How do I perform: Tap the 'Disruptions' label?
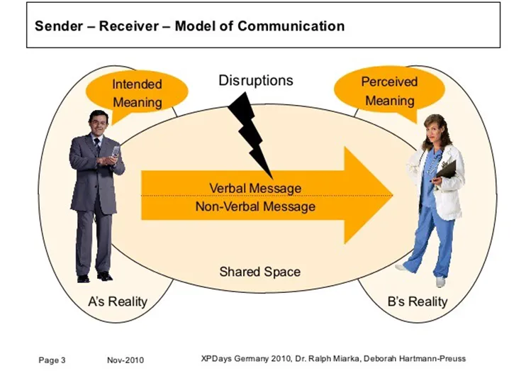click(x=255, y=80)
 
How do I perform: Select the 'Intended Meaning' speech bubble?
click(x=137, y=93)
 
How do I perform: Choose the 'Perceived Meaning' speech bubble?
click(x=389, y=91)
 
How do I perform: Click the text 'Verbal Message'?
click(x=255, y=188)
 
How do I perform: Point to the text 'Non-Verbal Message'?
click(x=255, y=206)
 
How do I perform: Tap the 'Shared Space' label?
click(x=259, y=271)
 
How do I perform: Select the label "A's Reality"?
click(x=118, y=301)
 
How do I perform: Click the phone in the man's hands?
click(x=115, y=150)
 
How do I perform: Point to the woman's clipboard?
click(x=447, y=169)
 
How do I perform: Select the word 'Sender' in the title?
click(x=59, y=27)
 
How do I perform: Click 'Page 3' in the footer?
click(x=52, y=360)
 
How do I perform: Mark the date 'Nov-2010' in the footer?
click(x=125, y=360)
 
